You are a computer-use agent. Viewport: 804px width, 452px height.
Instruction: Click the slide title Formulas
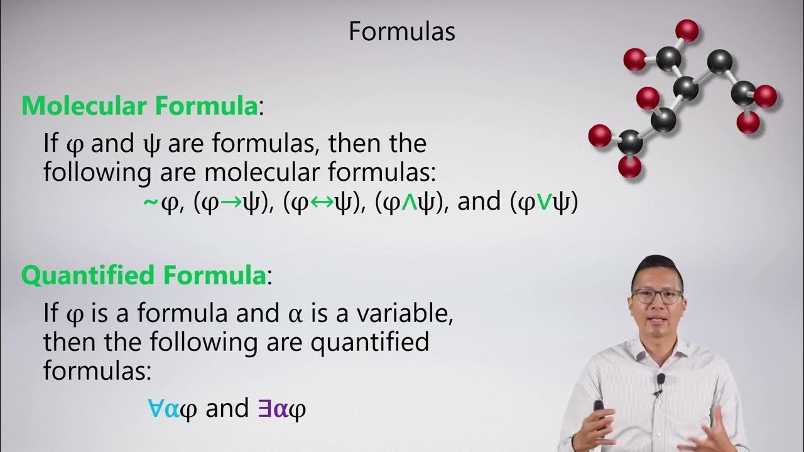pyautogui.click(x=402, y=32)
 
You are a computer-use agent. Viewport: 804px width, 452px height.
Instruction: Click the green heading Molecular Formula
pyautogui.click(x=139, y=106)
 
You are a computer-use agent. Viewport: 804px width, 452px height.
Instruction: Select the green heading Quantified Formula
pyautogui.click(x=144, y=276)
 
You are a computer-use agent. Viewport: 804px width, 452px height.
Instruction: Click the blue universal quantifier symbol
pyautogui.click(x=155, y=409)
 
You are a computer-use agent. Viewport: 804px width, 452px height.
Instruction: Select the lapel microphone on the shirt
pyautogui.click(x=660, y=380)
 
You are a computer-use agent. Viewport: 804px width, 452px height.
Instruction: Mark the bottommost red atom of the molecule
pyautogui.click(x=629, y=166)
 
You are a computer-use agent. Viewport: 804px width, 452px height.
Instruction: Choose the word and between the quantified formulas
pyautogui.click(x=227, y=409)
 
